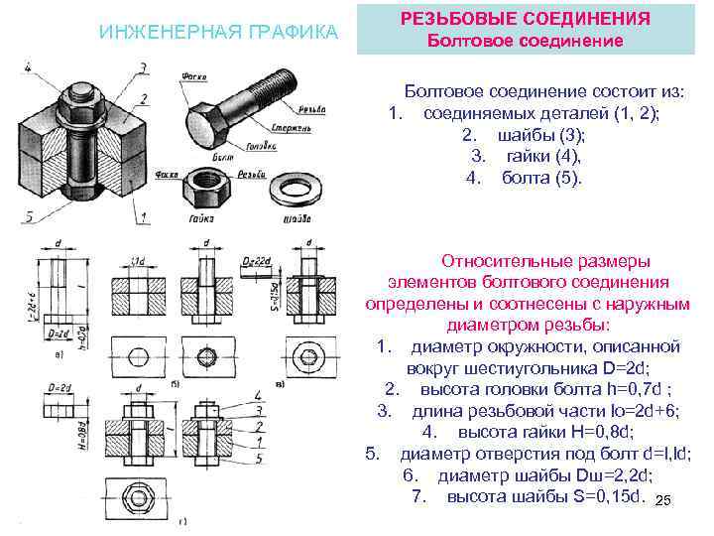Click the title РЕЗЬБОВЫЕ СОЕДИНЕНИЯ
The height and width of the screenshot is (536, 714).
point(526,19)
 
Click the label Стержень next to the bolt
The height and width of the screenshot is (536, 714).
point(289,128)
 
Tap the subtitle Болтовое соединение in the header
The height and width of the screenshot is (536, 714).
point(526,42)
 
